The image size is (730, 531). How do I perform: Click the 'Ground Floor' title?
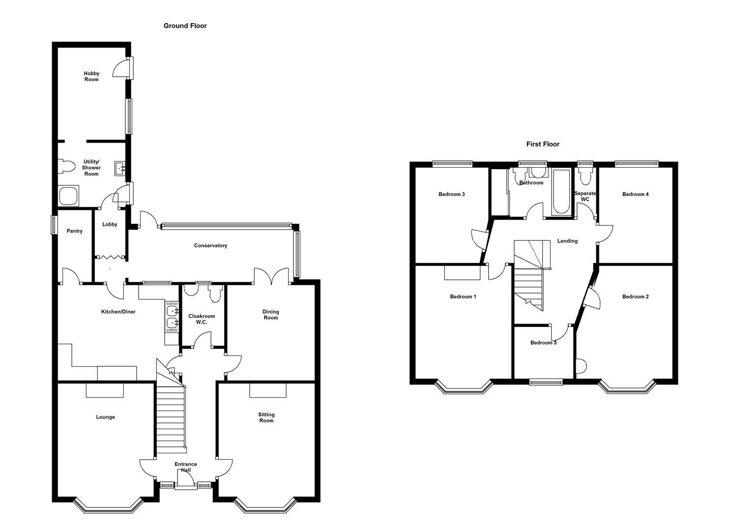coord(185,26)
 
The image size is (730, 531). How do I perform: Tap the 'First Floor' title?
coord(543,144)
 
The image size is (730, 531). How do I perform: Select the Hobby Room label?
coord(91,76)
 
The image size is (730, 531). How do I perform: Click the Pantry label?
coord(75,231)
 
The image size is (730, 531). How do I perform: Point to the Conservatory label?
coord(210,245)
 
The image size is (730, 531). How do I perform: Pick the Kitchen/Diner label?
coord(118,312)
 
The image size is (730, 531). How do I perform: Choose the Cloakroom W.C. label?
coord(202,319)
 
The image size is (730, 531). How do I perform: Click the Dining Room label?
coord(270,315)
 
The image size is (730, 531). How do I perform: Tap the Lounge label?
coord(105,417)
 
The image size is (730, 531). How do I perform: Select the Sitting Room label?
coord(266,417)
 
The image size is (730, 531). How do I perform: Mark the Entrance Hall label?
coord(186,467)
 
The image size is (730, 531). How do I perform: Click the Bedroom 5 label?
coord(543,343)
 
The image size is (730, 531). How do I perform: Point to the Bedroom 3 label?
coord(451,194)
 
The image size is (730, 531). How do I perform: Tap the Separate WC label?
coord(585,196)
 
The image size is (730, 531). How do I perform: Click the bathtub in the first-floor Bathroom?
coord(561,191)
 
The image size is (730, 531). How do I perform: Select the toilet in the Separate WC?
coord(585,175)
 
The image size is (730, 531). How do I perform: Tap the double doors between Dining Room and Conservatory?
coord(271,275)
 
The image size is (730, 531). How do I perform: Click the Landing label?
coord(567,241)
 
